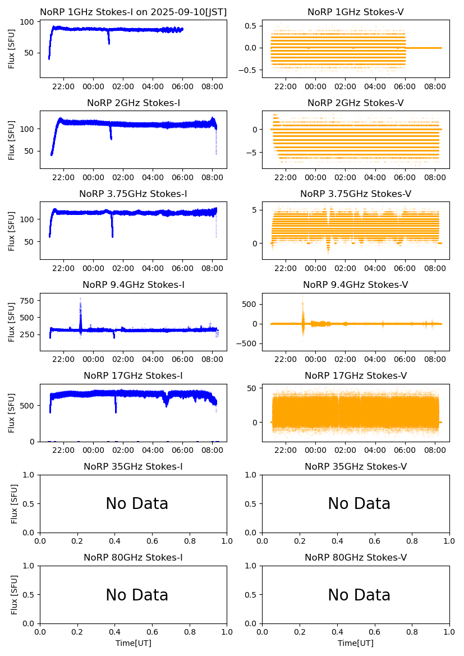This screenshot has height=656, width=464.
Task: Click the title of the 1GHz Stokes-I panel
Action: coord(133,12)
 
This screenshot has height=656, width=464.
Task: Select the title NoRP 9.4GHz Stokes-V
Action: coord(356,285)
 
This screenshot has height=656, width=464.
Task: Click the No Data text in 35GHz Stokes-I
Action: coord(137,504)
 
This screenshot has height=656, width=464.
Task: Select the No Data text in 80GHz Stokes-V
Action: coord(359,595)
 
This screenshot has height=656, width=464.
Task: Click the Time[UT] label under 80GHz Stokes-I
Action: coord(134,643)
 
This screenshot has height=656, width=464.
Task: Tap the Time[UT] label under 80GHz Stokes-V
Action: coord(356,643)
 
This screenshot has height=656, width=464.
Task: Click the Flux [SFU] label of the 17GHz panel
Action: coord(12,413)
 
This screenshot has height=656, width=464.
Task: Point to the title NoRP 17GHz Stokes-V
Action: coord(356,376)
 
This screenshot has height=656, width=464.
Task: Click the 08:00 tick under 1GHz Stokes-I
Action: coord(212,86)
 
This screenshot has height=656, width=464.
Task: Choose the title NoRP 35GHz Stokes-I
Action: coord(133,467)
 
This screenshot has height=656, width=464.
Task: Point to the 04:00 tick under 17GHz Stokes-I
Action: coord(153,450)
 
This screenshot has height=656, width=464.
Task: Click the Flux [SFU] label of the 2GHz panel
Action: coord(12,140)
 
